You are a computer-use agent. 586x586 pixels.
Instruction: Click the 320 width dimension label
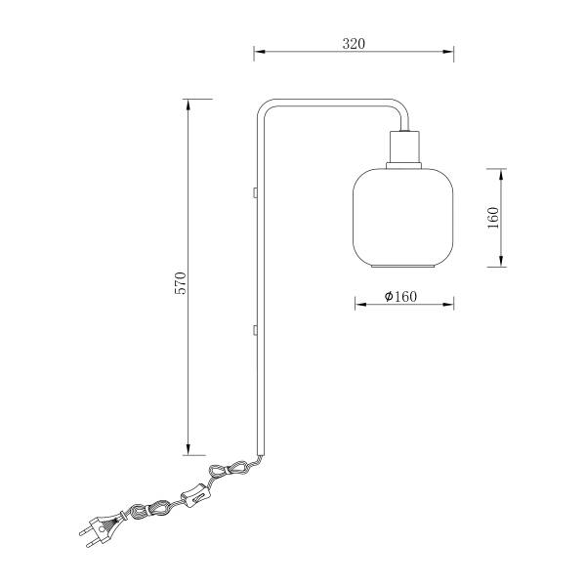point(354,44)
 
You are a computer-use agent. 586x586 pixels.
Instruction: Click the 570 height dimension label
point(181,283)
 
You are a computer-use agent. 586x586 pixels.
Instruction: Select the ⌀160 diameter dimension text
point(400,296)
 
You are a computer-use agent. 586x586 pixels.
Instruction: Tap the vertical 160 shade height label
point(493,218)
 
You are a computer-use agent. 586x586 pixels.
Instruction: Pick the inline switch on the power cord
point(196,495)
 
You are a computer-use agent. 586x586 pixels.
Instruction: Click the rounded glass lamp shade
point(403,218)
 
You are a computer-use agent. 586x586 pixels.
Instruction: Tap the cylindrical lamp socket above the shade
point(404,146)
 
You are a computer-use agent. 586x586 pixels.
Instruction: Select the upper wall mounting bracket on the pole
point(255,192)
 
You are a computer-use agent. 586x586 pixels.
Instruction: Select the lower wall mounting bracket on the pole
point(255,330)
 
